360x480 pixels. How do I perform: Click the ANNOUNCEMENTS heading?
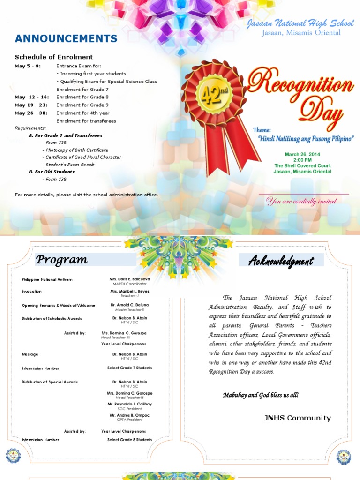(x=66, y=38)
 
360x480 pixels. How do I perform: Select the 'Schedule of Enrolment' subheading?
(x=54, y=57)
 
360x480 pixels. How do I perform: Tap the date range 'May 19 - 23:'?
(x=31, y=105)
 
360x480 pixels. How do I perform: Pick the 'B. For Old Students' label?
(x=52, y=172)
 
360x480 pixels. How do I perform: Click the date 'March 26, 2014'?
(x=302, y=154)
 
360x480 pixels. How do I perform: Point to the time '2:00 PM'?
(x=302, y=160)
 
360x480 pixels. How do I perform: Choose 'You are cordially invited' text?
(x=301, y=202)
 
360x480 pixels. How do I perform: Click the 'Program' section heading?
(x=62, y=260)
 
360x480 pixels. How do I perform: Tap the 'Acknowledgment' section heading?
(x=281, y=261)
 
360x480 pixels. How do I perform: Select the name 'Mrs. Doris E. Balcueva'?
(x=130, y=279)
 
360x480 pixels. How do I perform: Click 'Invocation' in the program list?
(x=32, y=291)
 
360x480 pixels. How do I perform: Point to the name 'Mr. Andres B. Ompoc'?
(x=129, y=415)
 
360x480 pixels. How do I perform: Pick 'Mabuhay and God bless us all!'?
(x=260, y=395)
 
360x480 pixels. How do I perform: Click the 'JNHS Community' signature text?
(x=297, y=418)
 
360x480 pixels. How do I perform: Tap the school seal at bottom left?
(x=14, y=456)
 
